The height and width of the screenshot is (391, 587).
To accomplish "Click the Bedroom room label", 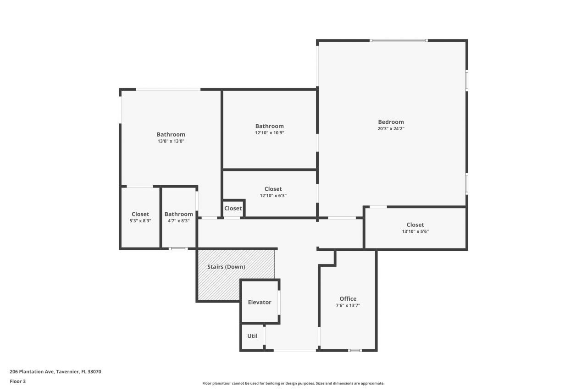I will click(391, 122).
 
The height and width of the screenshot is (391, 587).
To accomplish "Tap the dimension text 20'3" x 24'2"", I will click(391, 129).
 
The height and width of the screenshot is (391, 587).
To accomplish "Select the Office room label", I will click(348, 299).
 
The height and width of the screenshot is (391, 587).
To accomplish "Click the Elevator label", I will click(260, 302).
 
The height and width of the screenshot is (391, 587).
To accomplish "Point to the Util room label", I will click(252, 336).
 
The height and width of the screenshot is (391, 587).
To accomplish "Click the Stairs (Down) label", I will click(226, 267).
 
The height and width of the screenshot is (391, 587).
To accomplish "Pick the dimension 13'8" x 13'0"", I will click(171, 141).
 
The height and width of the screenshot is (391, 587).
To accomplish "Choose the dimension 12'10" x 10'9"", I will click(269, 133).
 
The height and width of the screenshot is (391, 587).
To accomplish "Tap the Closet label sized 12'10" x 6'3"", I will click(273, 189).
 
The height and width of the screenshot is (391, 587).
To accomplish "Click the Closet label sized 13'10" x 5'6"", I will click(415, 225).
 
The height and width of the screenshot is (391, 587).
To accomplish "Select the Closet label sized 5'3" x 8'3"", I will click(140, 214).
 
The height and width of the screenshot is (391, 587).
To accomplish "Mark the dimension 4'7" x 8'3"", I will click(178, 221).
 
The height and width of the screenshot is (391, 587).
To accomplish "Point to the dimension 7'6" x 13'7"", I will click(348, 306).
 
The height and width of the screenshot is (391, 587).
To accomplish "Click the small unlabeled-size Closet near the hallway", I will click(233, 209).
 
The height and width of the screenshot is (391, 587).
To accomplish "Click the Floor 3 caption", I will click(17, 381).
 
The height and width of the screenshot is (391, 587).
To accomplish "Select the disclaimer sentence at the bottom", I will click(293, 383).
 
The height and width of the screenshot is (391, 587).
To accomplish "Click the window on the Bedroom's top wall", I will click(399, 40).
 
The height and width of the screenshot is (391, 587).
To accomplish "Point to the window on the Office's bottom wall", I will click(354, 351).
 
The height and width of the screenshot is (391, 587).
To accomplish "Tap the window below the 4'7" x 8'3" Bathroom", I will click(178, 249).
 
